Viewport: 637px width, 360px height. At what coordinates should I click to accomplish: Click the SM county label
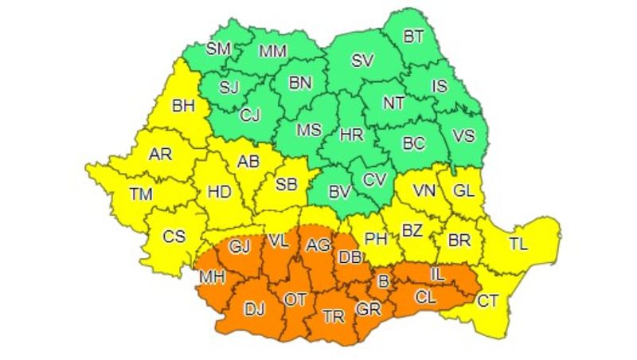[x=218, y=49]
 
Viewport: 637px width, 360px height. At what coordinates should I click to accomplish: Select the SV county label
[x=362, y=61]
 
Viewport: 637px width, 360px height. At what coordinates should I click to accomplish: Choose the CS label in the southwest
[x=174, y=236]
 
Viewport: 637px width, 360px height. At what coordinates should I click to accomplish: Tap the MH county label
[x=211, y=277]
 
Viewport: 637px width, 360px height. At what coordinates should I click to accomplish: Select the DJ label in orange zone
[x=255, y=308]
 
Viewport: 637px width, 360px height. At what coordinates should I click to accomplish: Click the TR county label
[x=333, y=316]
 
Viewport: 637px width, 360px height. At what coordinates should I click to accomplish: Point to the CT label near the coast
[x=487, y=300]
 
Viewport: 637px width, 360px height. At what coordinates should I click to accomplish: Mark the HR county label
[x=351, y=136]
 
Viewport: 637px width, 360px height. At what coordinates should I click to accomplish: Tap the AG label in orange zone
[x=318, y=244]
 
